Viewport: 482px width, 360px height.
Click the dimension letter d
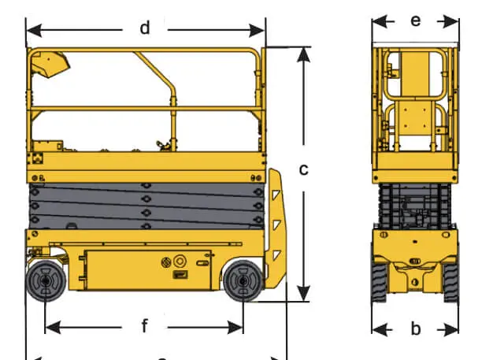pos(145,29)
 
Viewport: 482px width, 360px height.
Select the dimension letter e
pos(416,20)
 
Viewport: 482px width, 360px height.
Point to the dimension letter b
pos(416,328)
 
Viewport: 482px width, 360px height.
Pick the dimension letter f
pos(145,325)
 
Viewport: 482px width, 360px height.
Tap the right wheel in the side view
pos(242,282)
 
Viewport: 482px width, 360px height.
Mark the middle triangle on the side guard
pos(276,225)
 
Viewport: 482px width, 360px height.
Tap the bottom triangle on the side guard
pos(276,254)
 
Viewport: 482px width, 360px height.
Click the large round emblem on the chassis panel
pos(180,260)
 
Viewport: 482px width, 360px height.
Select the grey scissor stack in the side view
pos(146,205)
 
